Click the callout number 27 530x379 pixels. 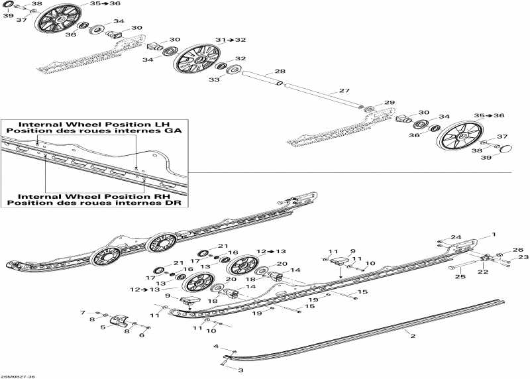click(344, 91)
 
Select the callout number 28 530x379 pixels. click(280, 71)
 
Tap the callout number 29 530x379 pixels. click(390, 103)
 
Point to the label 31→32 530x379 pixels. click(227, 40)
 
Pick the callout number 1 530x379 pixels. click(492, 235)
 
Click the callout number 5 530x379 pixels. click(103, 327)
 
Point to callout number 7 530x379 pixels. click(83, 312)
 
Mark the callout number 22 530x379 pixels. click(482, 271)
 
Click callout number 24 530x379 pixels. click(455, 237)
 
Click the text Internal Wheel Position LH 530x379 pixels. click(95, 124)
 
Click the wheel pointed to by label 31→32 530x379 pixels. click(198, 57)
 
